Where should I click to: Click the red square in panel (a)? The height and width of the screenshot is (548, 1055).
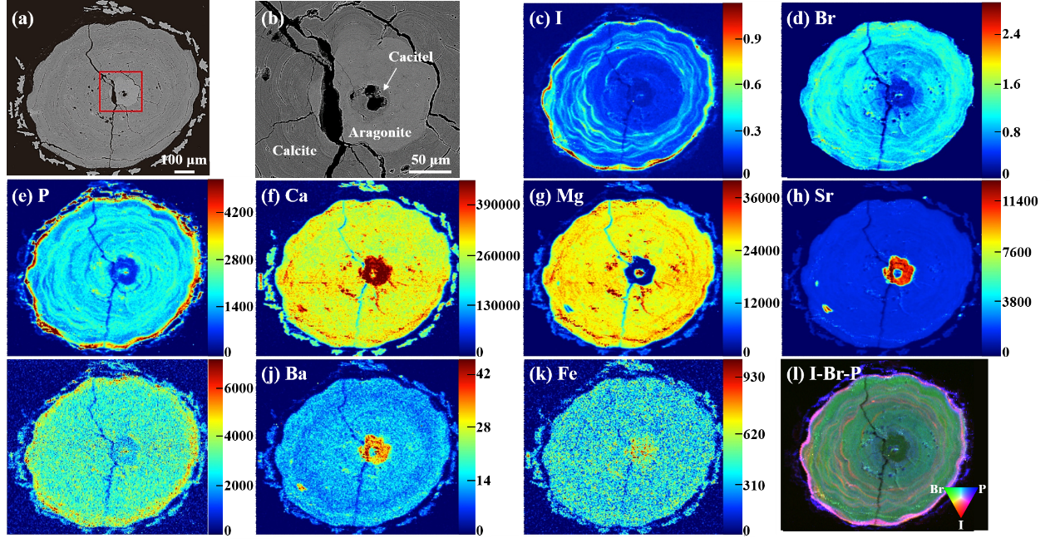(100, 91)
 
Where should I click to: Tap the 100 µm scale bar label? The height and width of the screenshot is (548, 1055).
(184, 160)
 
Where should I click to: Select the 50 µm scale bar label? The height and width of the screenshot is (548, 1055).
(431, 160)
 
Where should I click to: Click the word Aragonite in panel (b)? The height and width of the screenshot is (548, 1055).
(380, 132)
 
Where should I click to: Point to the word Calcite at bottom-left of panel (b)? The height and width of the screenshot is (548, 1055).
(294, 151)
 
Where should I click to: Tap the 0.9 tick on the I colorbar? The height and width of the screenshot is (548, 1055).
(752, 38)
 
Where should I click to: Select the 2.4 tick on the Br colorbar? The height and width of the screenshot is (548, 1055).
(1011, 33)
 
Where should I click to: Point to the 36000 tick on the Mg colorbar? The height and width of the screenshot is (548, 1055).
(761, 198)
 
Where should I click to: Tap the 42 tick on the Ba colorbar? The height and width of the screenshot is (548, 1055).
(483, 373)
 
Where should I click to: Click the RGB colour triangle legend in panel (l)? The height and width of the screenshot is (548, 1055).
(961, 501)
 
